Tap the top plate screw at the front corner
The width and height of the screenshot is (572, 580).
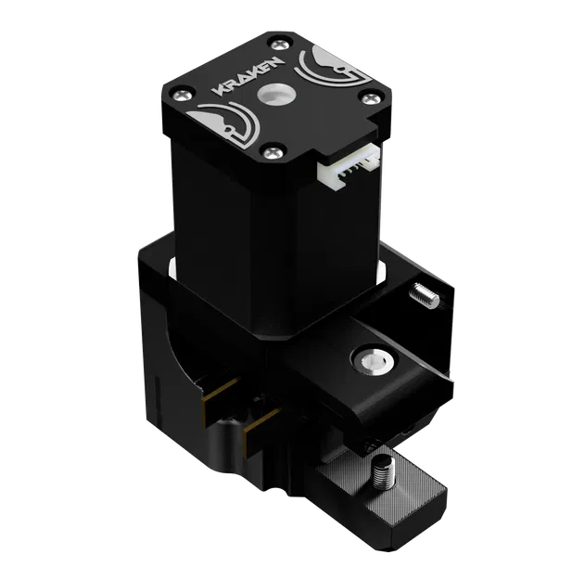[273, 149]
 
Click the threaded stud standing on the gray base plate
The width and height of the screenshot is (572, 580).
[383, 475]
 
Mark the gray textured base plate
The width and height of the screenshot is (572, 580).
[389, 506]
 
